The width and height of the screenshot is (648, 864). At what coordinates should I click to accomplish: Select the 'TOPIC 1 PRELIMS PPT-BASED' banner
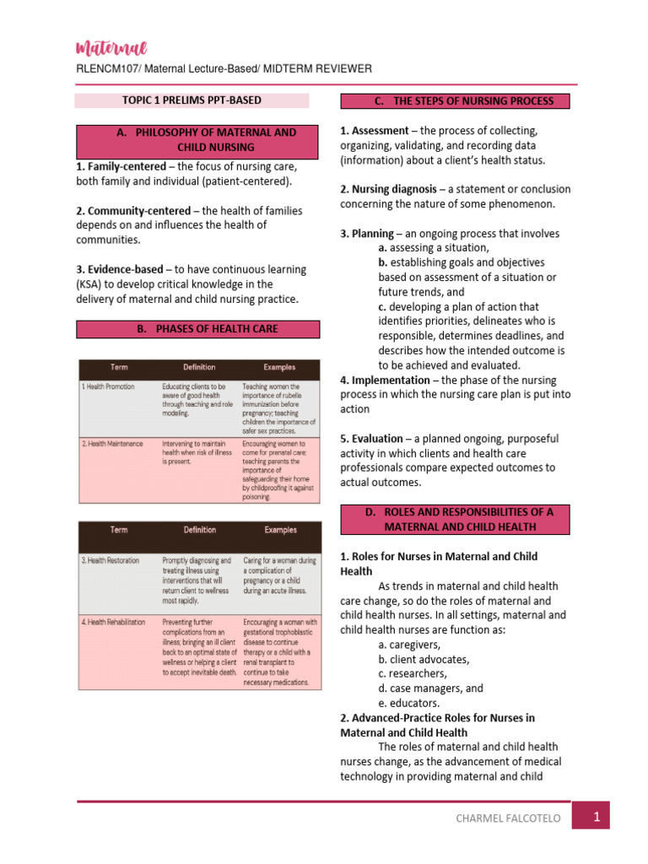point(192,100)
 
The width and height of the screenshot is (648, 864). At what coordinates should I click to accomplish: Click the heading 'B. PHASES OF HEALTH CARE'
point(199,329)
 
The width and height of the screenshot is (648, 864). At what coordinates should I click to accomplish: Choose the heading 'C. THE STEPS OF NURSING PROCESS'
point(455,101)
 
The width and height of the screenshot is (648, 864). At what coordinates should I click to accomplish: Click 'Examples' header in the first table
point(279,367)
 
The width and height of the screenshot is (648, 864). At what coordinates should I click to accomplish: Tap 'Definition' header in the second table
point(200,530)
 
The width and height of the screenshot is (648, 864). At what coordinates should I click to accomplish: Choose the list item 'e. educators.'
point(409,702)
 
